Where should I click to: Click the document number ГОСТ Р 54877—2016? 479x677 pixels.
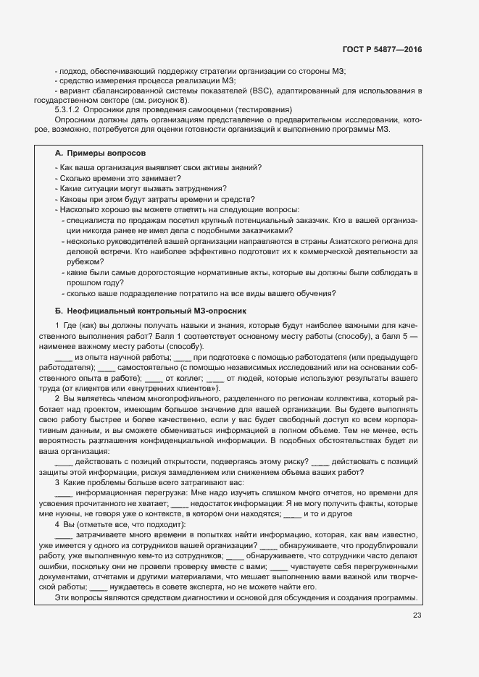coord(382,50)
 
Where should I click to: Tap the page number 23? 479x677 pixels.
coord(417,615)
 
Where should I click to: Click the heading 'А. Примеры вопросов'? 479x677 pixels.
coord(100,154)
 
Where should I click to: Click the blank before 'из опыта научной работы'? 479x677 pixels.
coord(63,358)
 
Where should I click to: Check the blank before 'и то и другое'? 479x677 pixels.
coord(292,514)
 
